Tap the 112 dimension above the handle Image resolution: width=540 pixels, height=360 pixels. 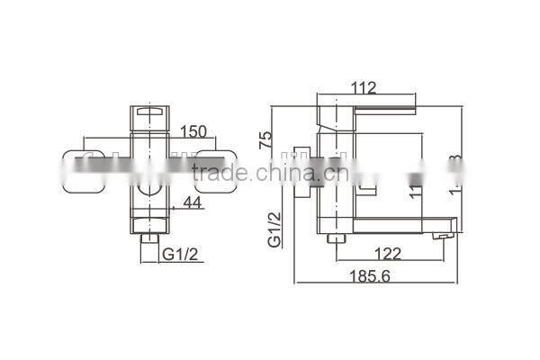coord(363,87)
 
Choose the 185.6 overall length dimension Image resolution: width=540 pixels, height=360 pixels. coord(372,277)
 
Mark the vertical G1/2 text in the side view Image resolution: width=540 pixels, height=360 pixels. coord(274,229)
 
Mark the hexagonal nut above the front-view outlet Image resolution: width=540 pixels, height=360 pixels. coord(149,222)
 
